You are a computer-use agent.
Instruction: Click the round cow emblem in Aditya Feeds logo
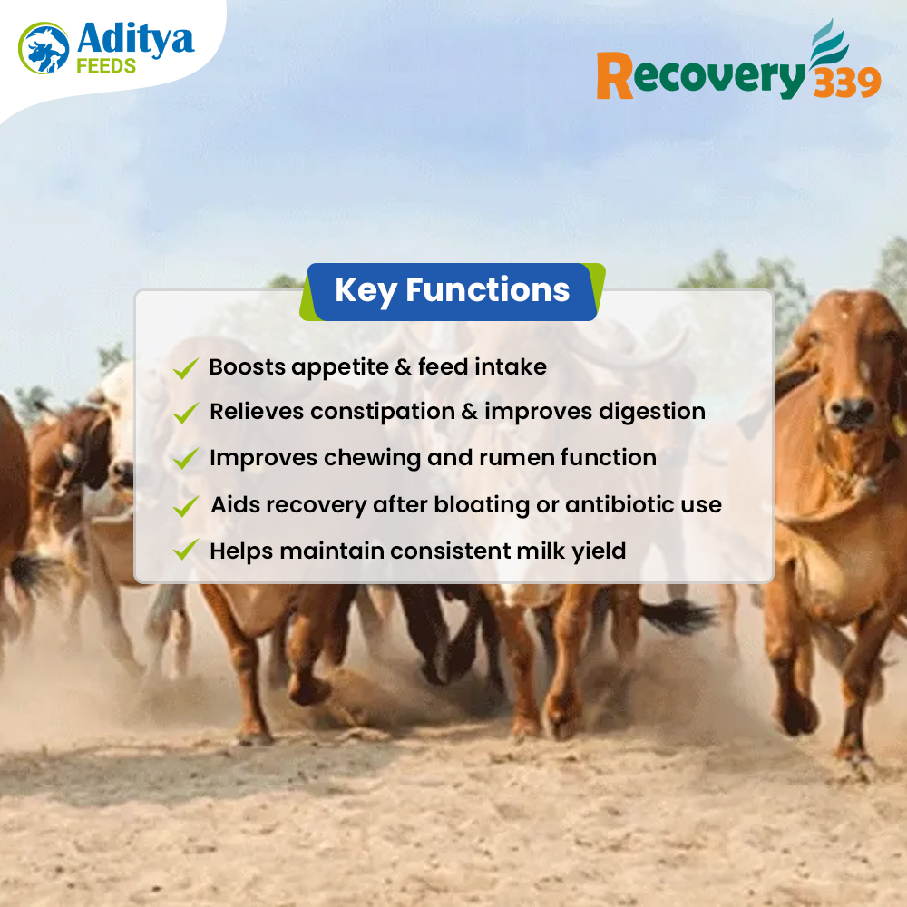point(44,48)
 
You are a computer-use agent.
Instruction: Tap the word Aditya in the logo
point(135,40)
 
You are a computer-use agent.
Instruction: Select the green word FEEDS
point(106,66)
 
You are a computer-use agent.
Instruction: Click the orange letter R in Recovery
point(614,75)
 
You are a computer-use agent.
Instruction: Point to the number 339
point(847,83)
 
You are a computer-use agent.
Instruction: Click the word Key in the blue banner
point(366,291)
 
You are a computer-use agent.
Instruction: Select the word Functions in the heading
point(488,289)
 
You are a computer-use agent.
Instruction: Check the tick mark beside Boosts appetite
point(186,368)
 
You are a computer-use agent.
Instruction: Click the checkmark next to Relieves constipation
point(186,413)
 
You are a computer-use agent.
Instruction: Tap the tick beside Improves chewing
point(186,458)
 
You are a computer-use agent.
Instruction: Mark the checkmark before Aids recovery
point(186,506)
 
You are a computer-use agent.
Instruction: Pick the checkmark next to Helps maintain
point(186,550)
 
